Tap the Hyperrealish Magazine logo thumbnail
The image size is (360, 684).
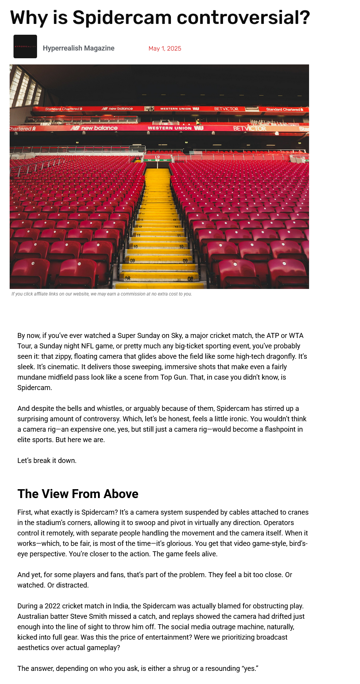(x=25, y=47)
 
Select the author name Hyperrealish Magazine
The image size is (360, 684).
(x=78, y=48)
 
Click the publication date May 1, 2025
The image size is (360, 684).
(x=165, y=49)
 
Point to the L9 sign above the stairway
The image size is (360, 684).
(x=157, y=157)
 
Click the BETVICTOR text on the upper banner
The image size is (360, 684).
(x=226, y=109)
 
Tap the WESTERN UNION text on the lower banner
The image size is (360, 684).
(x=170, y=128)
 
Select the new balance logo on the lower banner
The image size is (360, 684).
(x=95, y=128)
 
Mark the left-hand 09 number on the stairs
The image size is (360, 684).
(x=132, y=261)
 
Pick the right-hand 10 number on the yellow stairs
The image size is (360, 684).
(x=181, y=247)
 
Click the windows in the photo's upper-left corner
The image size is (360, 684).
(x=25, y=87)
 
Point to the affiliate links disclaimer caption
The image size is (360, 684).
(x=101, y=294)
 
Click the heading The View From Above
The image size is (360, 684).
(x=78, y=494)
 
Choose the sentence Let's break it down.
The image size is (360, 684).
(x=47, y=461)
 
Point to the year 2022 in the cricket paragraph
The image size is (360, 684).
(x=52, y=606)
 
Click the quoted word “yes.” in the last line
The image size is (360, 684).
(x=250, y=669)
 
